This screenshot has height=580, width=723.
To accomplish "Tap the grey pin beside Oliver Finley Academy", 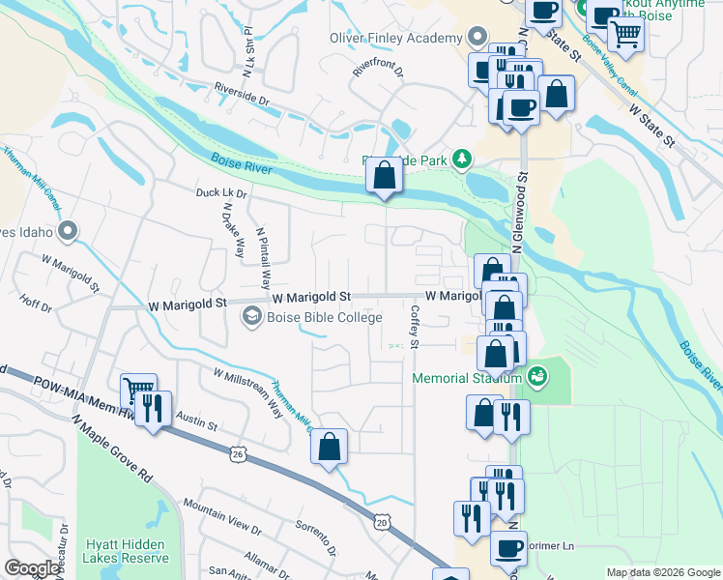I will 476,38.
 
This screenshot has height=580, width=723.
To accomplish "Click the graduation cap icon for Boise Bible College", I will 251,315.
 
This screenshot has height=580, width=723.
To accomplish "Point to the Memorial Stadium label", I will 468,378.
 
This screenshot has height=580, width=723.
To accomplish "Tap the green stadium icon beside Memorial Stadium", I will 538,374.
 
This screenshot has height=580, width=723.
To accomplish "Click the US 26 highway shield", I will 238,451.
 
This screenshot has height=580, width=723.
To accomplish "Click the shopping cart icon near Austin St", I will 139,391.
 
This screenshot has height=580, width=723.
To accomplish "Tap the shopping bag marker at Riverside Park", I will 384,175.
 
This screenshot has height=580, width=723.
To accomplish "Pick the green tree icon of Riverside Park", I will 463,158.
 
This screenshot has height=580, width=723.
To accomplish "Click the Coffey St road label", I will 415,328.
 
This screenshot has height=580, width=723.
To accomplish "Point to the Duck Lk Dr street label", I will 221,193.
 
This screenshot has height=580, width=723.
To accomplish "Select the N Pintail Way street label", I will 262,258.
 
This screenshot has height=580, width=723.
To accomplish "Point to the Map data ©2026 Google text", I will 662,572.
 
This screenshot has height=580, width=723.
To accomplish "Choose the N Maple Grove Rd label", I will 112,449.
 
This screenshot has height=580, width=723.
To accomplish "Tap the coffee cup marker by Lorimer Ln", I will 508,548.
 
